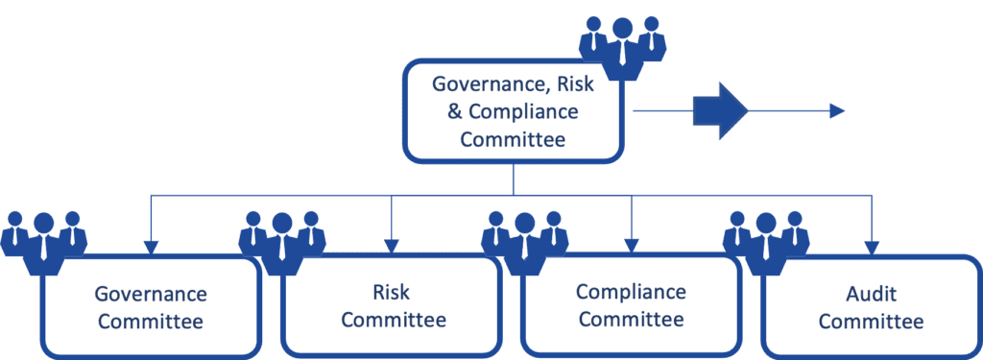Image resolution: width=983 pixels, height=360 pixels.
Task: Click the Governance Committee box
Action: [151, 307]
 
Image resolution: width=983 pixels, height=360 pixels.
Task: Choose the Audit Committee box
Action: [872, 306]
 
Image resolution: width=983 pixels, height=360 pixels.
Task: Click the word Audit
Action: [871, 294]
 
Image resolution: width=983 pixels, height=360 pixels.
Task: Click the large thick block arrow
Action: [720, 111]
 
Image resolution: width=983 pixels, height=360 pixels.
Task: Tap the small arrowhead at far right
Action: [837, 111]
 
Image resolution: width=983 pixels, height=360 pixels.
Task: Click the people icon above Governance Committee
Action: [43, 243]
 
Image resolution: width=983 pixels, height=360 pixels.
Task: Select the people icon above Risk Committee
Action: [282, 243]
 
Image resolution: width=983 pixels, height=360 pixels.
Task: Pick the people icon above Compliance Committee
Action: [525, 243]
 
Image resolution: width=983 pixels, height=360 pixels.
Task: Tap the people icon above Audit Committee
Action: [766, 243]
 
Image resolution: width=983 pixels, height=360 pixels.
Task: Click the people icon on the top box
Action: [622, 48]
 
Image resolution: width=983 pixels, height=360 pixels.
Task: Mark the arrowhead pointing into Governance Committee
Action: [151, 248]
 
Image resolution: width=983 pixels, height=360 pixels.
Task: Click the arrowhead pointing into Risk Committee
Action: [392, 247]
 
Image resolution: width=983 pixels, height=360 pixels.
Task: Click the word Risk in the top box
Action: [573, 84]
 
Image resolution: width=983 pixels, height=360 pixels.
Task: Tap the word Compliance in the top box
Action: [523, 113]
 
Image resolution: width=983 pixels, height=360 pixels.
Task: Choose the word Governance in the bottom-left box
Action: [151, 294]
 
